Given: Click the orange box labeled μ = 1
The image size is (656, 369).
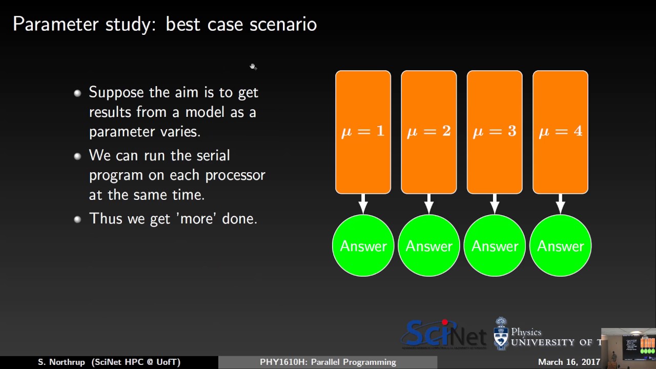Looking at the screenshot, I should pyautogui.click(x=363, y=132).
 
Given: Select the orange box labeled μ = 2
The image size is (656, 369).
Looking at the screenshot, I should pyautogui.click(x=428, y=132).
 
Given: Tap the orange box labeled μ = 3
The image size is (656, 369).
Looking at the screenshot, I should pyautogui.click(x=495, y=132).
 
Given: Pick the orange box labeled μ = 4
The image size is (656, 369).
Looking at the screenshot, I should pyautogui.click(x=560, y=132).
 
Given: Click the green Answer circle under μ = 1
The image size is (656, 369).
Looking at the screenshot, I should pyautogui.click(x=363, y=246).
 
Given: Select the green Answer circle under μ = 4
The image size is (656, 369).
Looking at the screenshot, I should pyautogui.click(x=560, y=246).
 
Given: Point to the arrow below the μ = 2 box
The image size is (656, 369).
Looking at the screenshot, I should pyautogui.click(x=429, y=204).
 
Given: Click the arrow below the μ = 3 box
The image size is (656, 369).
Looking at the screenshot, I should pyautogui.click(x=495, y=204).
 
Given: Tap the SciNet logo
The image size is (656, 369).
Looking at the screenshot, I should pyautogui.click(x=444, y=334).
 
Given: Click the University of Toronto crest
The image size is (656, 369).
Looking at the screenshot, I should pyautogui.click(x=501, y=334).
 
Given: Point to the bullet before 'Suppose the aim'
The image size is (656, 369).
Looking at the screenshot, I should pyautogui.click(x=77, y=93).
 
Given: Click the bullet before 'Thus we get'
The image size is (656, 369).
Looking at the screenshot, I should pyautogui.click(x=77, y=219).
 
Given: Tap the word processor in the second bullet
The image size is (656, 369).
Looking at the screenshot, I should pyautogui.click(x=235, y=175).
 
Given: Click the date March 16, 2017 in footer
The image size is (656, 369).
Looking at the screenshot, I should pyautogui.click(x=569, y=362).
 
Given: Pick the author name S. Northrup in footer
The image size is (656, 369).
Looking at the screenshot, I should pyautogui.click(x=61, y=362).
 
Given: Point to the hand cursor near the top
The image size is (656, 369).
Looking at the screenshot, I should pyautogui.click(x=253, y=67).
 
